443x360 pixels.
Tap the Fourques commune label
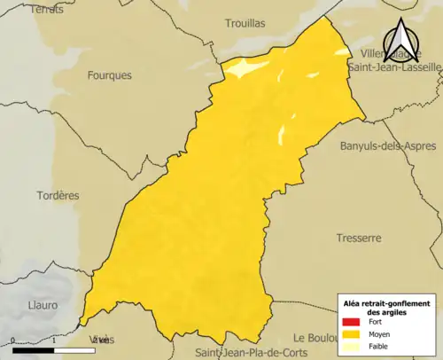[110, 75]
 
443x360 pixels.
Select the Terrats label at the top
[47, 9]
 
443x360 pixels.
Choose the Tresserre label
[358, 238]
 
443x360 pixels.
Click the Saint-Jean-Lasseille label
[394, 67]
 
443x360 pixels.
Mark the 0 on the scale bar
[13, 340]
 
